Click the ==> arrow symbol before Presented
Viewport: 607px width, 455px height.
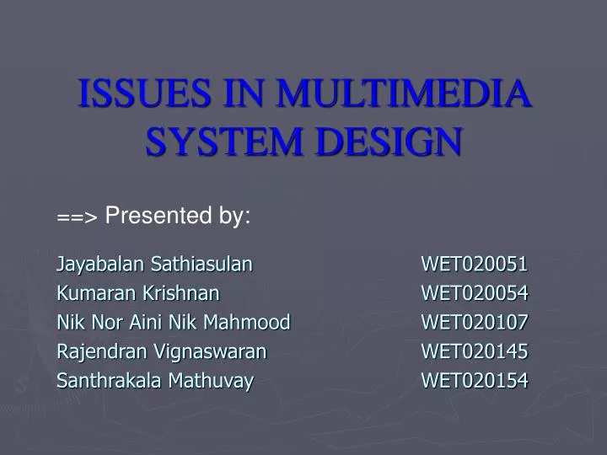pyautogui.click(x=78, y=217)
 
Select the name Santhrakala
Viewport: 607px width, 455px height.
pyautogui.click(x=110, y=380)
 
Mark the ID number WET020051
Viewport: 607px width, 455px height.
pyautogui.click(x=475, y=265)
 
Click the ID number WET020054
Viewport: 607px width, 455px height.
pyautogui.click(x=475, y=293)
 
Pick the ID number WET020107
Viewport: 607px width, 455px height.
pyautogui.click(x=475, y=322)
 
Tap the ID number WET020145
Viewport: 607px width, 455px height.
pyautogui.click(x=475, y=351)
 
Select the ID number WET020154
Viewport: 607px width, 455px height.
pyautogui.click(x=475, y=380)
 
